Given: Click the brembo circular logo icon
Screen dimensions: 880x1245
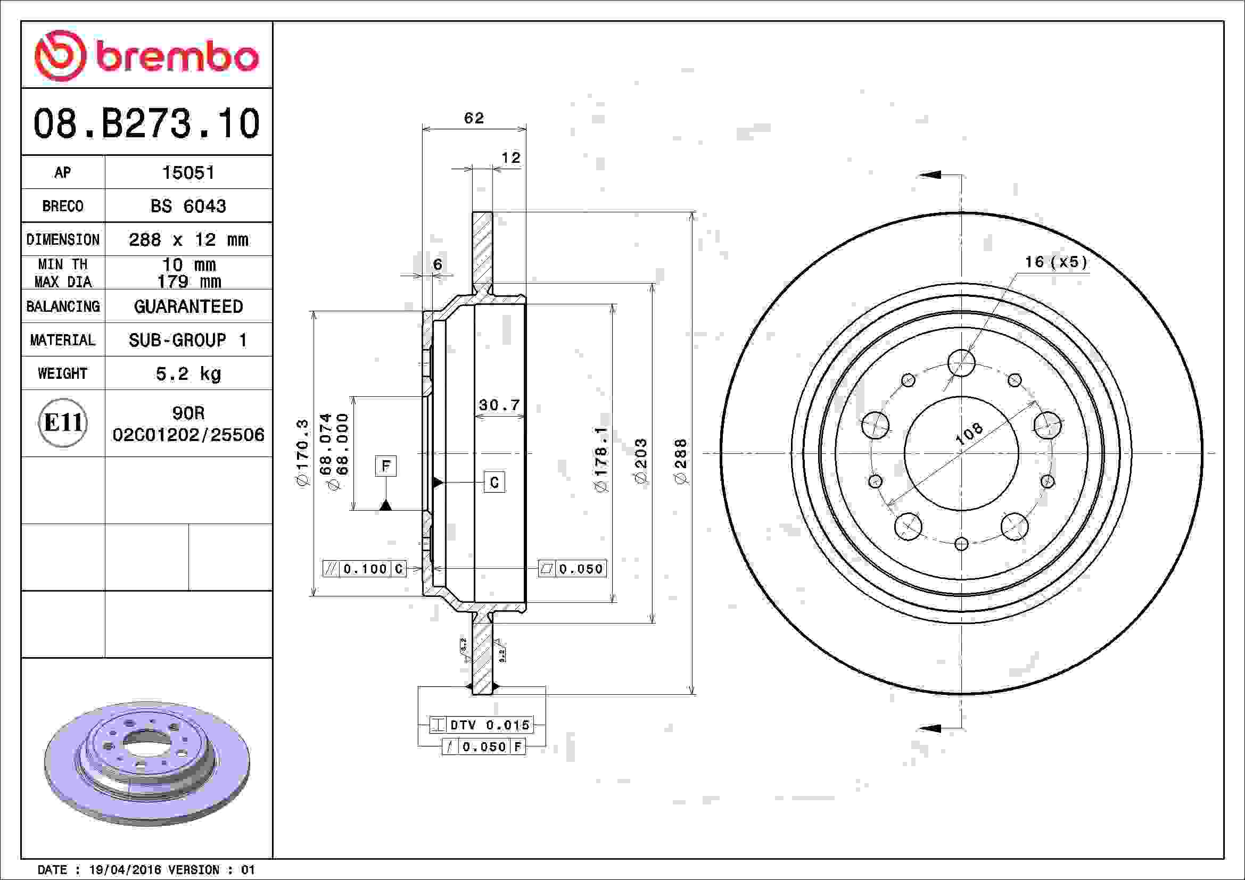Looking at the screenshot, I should point(60,56).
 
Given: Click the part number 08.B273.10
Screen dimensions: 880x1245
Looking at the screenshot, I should point(146,123).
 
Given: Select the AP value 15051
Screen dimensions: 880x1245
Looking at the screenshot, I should point(188,172).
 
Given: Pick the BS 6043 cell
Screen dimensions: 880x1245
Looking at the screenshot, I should point(188,206).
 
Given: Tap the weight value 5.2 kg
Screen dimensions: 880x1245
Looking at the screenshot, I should point(188,373).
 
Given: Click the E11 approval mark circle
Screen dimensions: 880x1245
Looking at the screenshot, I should point(63,422).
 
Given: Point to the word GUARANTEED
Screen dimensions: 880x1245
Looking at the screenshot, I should point(188,306).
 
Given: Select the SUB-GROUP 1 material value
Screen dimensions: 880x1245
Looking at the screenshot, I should point(188,341).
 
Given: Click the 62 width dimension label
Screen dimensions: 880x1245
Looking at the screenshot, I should point(473,118).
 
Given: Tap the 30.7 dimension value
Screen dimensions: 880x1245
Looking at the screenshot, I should point(499,405).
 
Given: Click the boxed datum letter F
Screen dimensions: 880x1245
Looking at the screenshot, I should point(385,466).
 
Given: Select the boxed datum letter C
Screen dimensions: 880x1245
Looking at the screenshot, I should point(494,482).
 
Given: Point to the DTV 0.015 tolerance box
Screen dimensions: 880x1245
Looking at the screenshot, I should point(482,725).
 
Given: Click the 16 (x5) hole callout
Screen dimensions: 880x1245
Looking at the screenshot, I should point(1056,262).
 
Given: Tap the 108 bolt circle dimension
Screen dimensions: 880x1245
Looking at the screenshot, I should point(968,434).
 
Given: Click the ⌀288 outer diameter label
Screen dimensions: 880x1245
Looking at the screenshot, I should point(681,461).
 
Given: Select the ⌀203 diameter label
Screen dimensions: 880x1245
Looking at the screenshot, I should point(641,461).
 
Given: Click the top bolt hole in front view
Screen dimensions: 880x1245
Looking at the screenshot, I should point(961,362).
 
